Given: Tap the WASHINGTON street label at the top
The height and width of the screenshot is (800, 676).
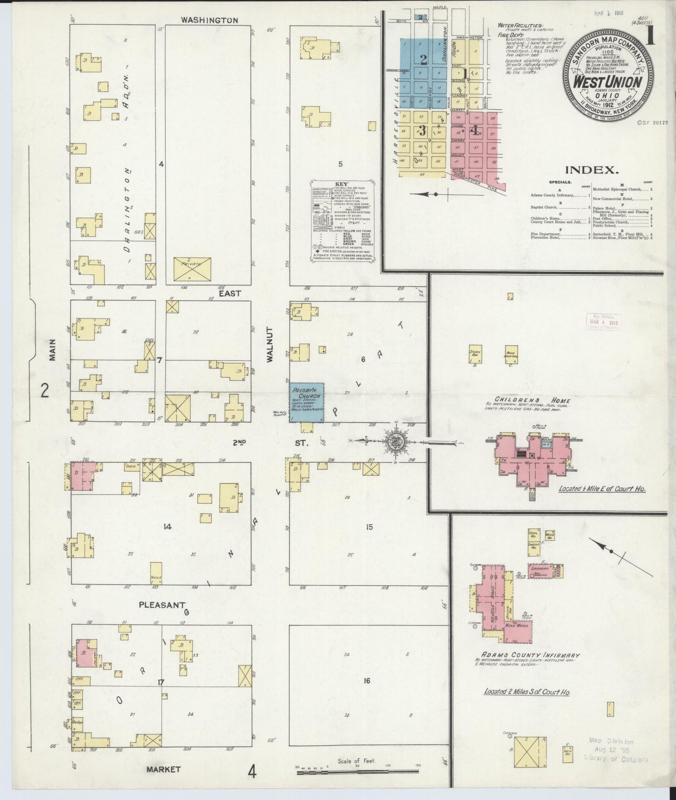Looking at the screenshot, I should [210, 21].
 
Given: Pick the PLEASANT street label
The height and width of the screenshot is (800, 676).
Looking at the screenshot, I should [162, 605].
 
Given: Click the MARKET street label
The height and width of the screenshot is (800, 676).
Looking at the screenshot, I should [163, 769].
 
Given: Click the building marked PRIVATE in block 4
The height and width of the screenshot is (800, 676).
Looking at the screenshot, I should [192, 269].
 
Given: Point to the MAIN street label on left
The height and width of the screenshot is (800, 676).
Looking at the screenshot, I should [53, 349].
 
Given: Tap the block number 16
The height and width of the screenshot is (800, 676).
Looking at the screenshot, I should [367, 681].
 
